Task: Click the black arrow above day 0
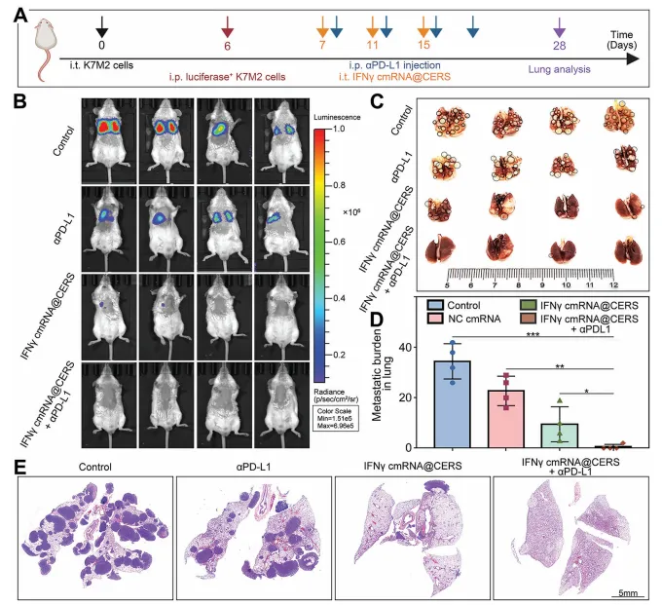[102, 27]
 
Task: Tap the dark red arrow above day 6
[228, 27]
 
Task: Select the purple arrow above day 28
[560, 28]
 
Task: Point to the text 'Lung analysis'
[560, 69]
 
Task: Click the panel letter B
[20, 102]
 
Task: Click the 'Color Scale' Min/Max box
[335, 418]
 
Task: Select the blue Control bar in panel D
[453, 404]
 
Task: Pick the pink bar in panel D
[506, 419]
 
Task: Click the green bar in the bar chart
[560, 435]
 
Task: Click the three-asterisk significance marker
[533, 334]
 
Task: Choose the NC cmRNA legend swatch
[435, 319]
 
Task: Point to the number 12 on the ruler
[613, 284]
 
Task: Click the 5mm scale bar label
[628, 592]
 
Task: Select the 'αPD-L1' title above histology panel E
[253, 467]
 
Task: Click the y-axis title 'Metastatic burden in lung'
[383, 375]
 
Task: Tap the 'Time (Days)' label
[621, 40]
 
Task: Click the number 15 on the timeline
[423, 45]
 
